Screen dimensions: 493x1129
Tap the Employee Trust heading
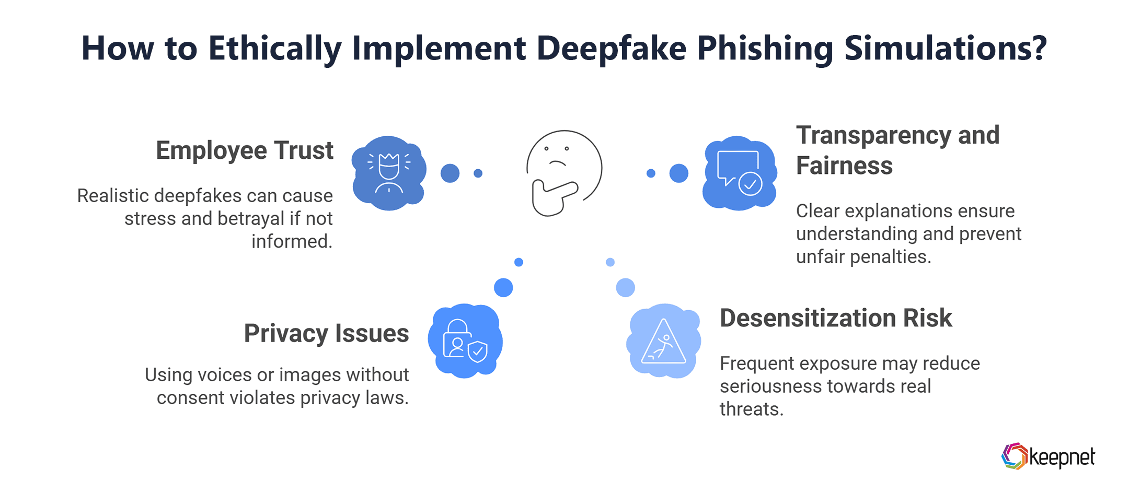(x=245, y=151)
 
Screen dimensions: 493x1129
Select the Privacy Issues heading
(x=326, y=334)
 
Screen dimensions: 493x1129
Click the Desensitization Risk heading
(x=836, y=318)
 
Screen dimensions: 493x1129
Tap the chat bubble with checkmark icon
(x=740, y=173)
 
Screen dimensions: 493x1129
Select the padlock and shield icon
(x=465, y=341)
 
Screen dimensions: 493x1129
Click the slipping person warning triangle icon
(x=663, y=341)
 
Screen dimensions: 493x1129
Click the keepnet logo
(x=1047, y=456)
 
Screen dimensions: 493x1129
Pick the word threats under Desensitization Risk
(x=751, y=409)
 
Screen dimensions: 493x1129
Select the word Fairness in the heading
(x=844, y=166)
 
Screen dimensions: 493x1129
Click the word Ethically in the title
(x=275, y=48)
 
